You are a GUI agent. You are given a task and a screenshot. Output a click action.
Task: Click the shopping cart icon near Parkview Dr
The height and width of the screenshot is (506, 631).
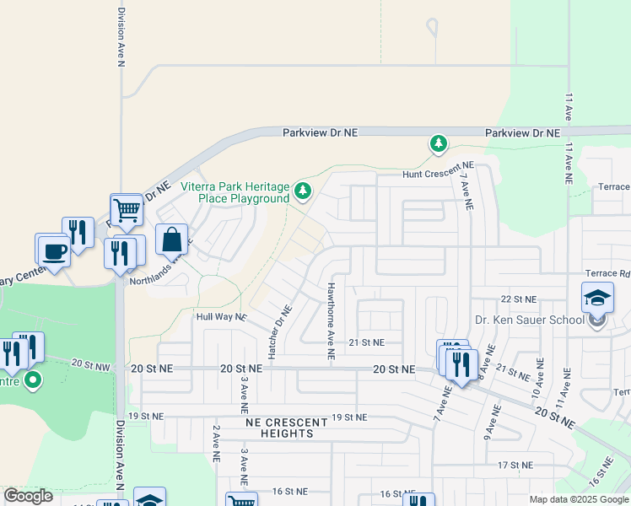127,208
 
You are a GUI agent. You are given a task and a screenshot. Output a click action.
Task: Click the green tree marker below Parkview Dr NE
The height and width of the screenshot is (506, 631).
438,143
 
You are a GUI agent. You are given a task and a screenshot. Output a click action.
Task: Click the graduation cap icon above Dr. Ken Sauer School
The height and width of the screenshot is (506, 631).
596,298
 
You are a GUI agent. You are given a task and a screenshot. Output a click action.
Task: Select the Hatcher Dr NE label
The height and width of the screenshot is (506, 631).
276,331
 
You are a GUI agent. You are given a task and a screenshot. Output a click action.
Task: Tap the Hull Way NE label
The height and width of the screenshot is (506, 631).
221,317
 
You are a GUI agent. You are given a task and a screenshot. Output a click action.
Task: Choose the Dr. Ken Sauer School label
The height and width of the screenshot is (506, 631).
529,320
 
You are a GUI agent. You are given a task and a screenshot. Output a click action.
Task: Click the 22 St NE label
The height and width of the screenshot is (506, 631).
518,299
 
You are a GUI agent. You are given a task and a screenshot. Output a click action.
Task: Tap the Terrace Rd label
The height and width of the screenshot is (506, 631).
607,273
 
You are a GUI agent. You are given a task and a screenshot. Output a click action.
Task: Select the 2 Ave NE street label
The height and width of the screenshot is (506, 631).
216,444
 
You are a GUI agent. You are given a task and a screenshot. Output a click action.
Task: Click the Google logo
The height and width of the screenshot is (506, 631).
28,496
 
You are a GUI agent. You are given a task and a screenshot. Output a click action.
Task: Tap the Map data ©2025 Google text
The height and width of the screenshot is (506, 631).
579,499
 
